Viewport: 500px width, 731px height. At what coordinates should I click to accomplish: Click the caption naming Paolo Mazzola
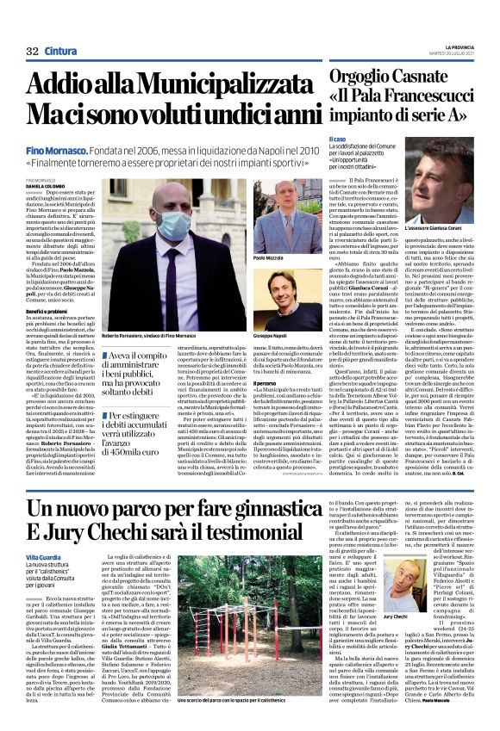[x=269, y=257]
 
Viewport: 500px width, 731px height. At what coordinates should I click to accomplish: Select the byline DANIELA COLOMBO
[x=46, y=185]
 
